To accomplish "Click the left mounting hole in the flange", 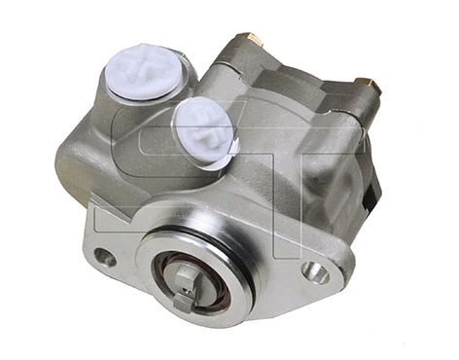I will point(104,258).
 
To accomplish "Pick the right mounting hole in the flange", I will point(314,272).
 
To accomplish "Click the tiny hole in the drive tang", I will point(186,276).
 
